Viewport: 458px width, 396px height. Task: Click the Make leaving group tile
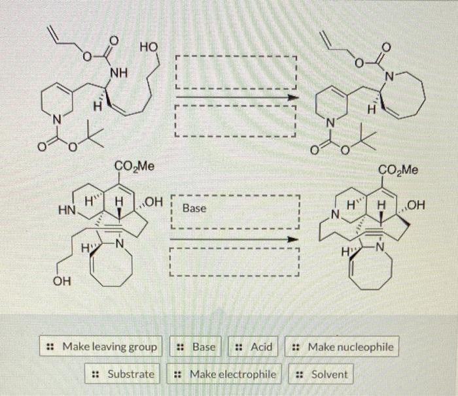103,346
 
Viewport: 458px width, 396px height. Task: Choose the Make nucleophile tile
343,346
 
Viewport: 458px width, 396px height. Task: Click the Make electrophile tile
225,374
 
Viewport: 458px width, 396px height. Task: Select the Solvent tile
322,374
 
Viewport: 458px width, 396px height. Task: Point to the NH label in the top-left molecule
118,72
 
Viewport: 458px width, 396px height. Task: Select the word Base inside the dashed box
194,208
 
